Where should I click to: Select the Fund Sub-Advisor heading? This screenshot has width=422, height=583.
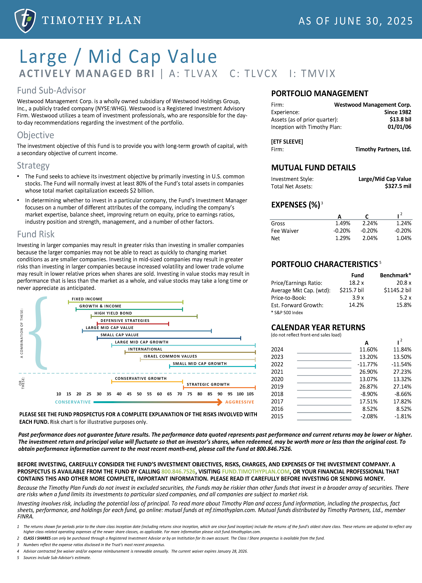pyautogui.click(x=51, y=90)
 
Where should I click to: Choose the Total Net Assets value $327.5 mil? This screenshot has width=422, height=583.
pyautogui.click(x=398, y=186)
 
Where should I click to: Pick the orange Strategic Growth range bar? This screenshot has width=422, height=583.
pyautogui.click(x=219, y=387)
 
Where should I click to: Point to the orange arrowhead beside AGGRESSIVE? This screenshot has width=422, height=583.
pyautogui.click(x=220, y=402)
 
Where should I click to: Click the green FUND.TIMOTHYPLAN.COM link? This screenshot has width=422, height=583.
pyautogui.click(x=256, y=471)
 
